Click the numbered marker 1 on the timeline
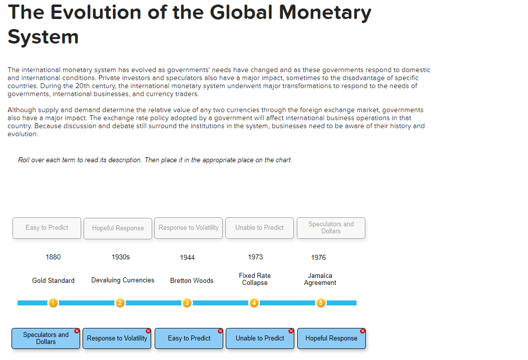(x=53, y=302)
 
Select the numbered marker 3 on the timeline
(x=187, y=302)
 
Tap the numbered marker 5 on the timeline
(x=321, y=302)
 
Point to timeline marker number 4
(x=254, y=302)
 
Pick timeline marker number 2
(x=120, y=302)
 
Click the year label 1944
(x=187, y=257)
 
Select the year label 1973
(x=255, y=257)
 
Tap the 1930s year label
(x=121, y=257)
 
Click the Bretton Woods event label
(x=192, y=280)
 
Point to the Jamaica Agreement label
(x=320, y=279)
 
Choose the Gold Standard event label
(x=53, y=280)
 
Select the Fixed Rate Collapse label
(x=255, y=279)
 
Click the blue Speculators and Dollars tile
(x=46, y=338)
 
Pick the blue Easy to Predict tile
(x=189, y=338)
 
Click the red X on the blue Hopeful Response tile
(x=362, y=331)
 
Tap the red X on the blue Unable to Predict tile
(x=291, y=331)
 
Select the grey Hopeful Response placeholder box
(x=118, y=228)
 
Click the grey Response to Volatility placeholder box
(x=189, y=228)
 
